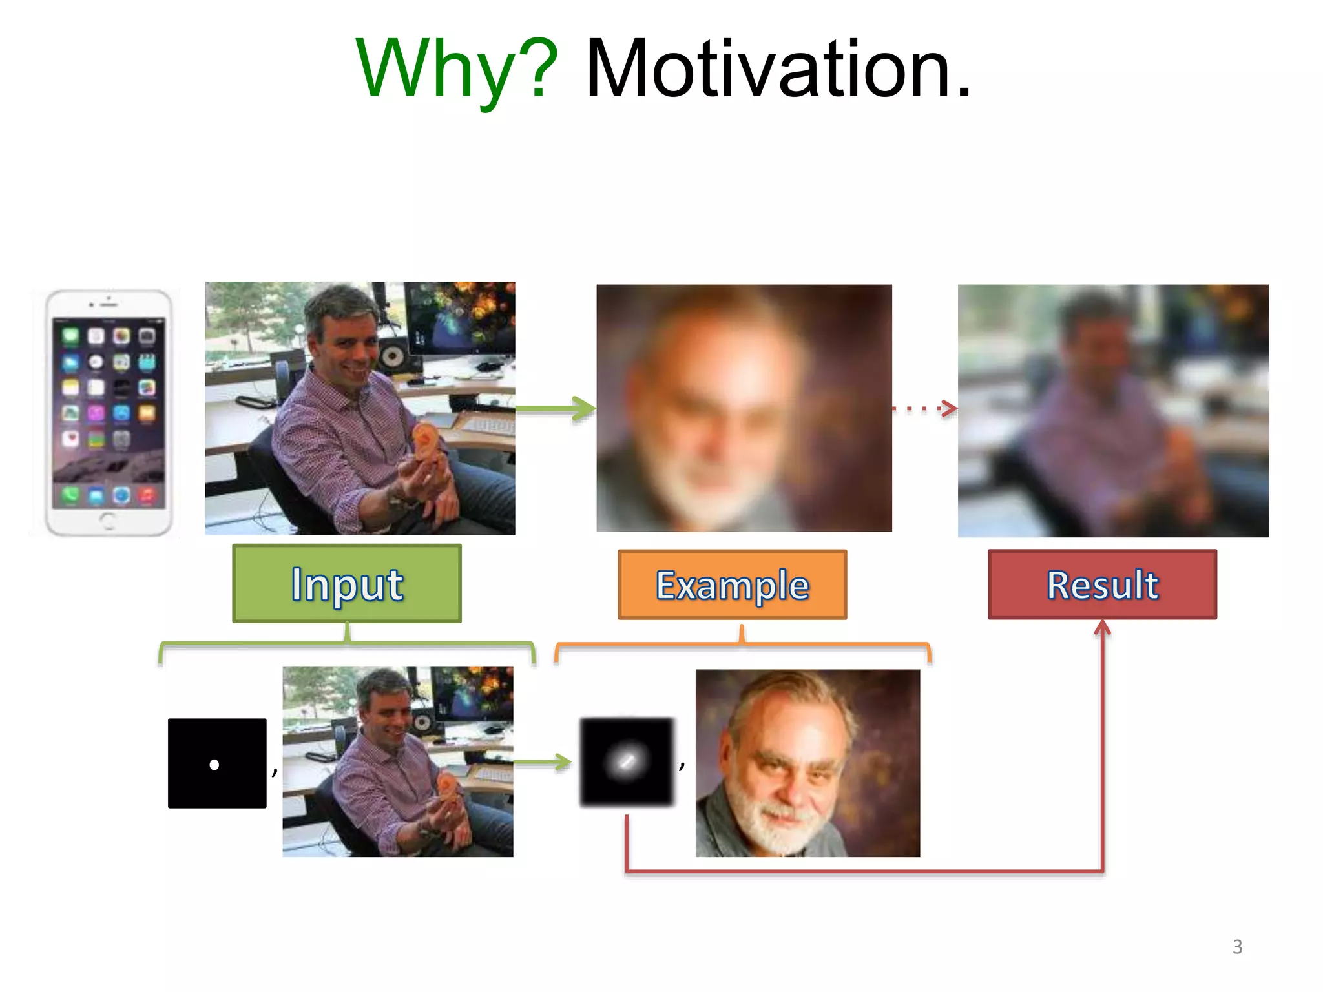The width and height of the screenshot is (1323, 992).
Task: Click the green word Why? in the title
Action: click(x=456, y=70)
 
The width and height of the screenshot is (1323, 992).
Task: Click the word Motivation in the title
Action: click(x=778, y=70)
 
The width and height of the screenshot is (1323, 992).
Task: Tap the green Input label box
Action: click(x=347, y=584)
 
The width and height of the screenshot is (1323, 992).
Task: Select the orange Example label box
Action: click(x=732, y=585)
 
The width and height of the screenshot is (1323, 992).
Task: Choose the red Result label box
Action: click(x=1102, y=585)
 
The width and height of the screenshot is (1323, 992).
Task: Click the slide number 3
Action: click(x=1237, y=947)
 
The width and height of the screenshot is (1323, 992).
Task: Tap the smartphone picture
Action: click(x=109, y=413)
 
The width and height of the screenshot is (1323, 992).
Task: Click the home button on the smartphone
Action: click(x=108, y=521)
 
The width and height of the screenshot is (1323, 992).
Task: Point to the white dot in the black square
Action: click(x=214, y=765)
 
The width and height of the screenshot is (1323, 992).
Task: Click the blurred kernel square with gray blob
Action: click(x=626, y=761)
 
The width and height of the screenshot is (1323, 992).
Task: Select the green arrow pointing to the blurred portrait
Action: click(x=556, y=409)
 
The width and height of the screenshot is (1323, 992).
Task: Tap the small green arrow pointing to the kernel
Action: click(x=543, y=763)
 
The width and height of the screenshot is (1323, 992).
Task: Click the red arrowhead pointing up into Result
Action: click(x=1102, y=628)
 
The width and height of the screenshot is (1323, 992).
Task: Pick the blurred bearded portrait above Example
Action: click(x=744, y=408)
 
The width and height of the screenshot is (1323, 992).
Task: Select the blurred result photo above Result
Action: click(x=1112, y=411)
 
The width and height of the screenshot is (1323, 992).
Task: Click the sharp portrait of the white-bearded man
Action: click(x=807, y=763)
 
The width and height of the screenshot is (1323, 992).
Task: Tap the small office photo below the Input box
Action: click(x=397, y=761)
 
